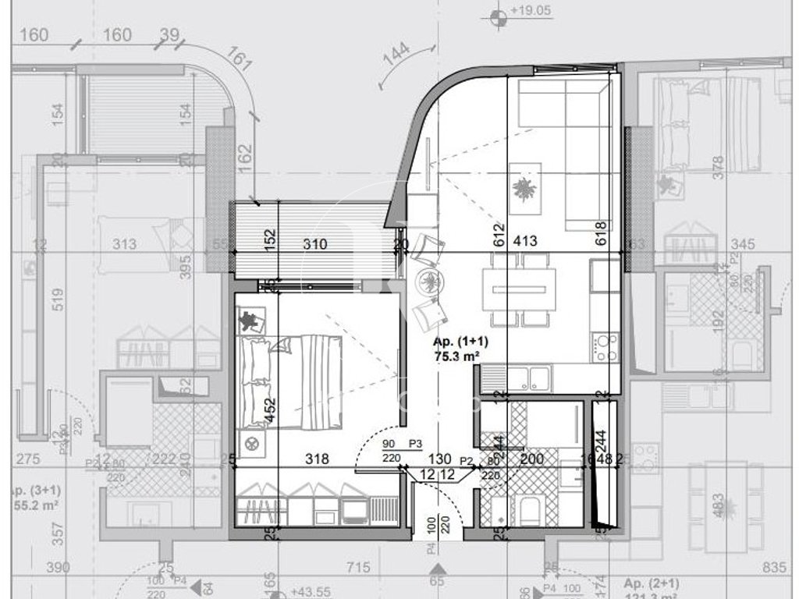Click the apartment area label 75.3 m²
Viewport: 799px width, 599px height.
(x=456, y=356)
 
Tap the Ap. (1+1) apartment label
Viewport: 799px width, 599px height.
(x=456, y=342)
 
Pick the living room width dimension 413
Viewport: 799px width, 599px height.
(x=524, y=242)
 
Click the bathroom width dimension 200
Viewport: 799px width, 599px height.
(x=531, y=459)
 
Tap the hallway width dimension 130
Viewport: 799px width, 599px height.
(x=440, y=459)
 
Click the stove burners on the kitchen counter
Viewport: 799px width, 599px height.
(x=605, y=346)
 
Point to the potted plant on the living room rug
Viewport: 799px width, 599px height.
(x=524, y=187)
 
